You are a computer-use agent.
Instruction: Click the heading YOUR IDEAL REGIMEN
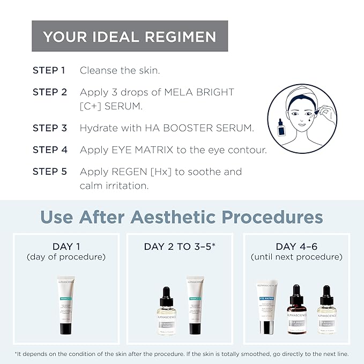pyautogui.click(x=130, y=36)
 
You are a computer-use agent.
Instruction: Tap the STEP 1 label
pyautogui.click(x=49, y=70)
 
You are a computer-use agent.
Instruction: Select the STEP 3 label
pyautogui.click(x=49, y=128)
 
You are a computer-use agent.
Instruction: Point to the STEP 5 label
pyautogui.click(x=49, y=172)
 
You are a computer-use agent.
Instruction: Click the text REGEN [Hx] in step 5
pyautogui.click(x=131, y=172)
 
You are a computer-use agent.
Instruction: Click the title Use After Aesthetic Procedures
pyautogui.click(x=182, y=217)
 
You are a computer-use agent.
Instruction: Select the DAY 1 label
pyautogui.click(x=66, y=247)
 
